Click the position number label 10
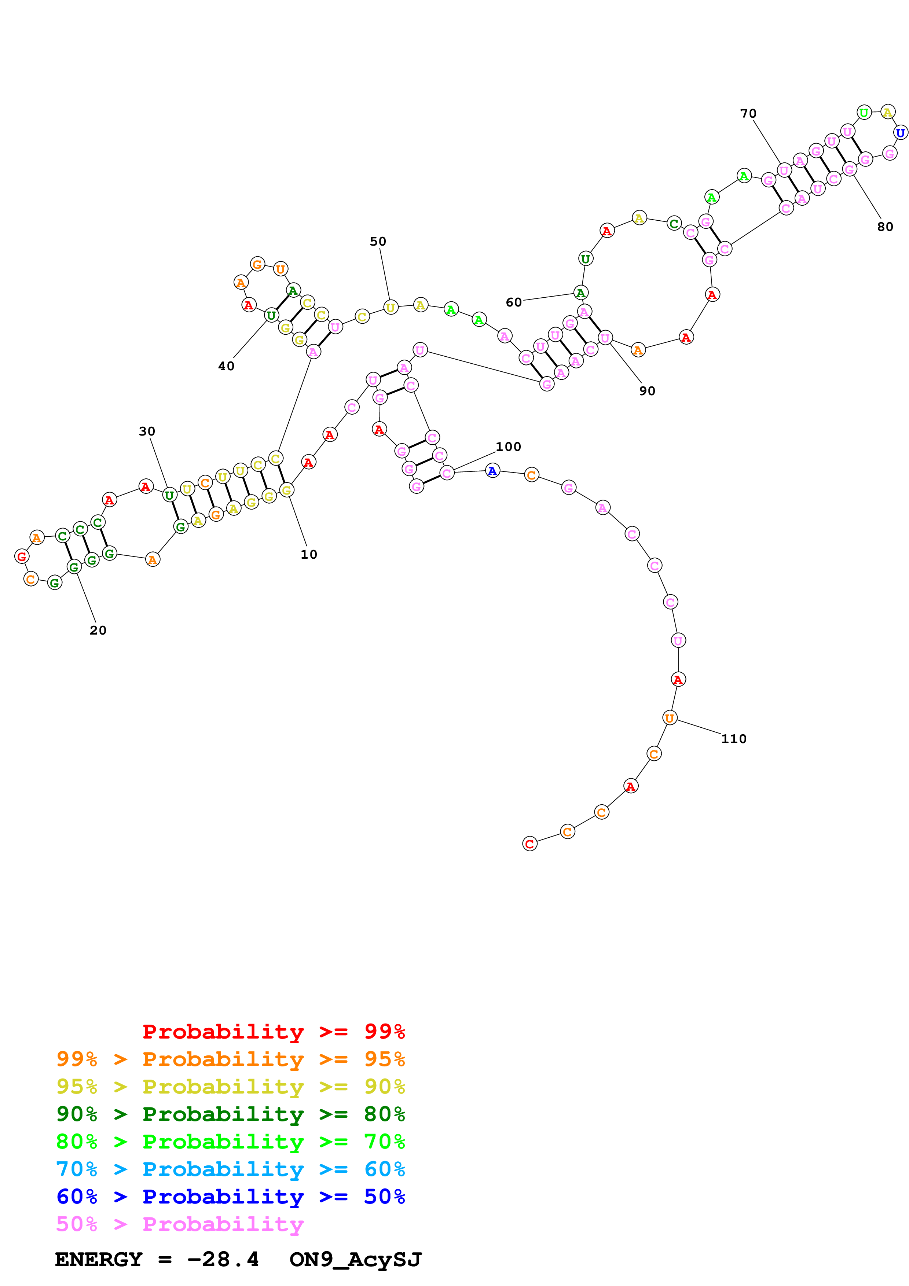click(x=309, y=555)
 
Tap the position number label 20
click(x=98, y=630)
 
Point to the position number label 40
click(x=226, y=366)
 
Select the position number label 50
click(x=378, y=242)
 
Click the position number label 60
click(x=514, y=302)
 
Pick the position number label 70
click(x=748, y=114)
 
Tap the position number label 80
click(x=885, y=227)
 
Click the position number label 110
click(x=734, y=739)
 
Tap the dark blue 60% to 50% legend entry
click(x=230, y=1197)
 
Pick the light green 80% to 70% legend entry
click(x=230, y=1142)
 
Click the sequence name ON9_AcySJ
click(x=356, y=1259)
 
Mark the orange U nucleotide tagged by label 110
click(x=669, y=718)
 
